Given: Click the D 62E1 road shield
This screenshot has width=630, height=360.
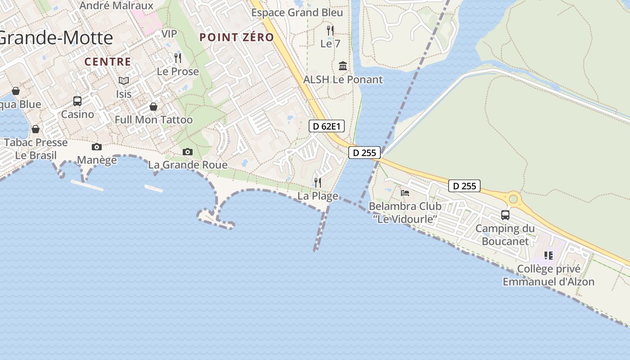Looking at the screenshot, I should point(327,126).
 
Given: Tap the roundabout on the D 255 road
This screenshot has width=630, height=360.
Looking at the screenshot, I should point(513,198).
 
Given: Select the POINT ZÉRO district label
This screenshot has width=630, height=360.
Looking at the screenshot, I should point(237,37).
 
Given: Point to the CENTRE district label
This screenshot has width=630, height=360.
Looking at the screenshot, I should point(108,62).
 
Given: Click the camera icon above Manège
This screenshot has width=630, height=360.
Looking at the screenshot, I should point(97,147).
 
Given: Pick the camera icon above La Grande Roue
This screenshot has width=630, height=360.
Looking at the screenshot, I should point(188,152).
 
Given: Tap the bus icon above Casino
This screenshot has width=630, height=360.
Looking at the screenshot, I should point(77,101).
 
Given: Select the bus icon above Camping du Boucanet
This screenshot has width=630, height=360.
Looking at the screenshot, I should point(505,215).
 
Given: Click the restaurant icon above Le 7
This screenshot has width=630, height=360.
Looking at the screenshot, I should point(330,31).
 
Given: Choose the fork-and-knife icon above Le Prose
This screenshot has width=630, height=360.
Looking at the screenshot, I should point(178,58).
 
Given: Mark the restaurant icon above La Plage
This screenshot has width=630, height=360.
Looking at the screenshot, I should point(318,182).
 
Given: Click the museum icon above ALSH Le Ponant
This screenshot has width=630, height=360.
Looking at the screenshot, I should point(343,66).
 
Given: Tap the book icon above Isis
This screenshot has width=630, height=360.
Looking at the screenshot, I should point(124,81).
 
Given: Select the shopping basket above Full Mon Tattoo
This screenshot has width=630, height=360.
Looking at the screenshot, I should point(153,107).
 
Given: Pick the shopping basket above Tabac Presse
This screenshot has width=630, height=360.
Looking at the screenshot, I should point(36,129).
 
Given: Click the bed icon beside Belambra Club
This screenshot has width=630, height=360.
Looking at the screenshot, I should point(405,193).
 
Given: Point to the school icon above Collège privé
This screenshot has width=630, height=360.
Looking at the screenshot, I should point(548,256).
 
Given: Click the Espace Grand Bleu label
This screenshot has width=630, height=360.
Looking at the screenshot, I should point(297,13).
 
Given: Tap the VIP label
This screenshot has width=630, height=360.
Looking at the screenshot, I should point(169,34).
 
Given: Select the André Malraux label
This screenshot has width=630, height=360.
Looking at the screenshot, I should point(117,6).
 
